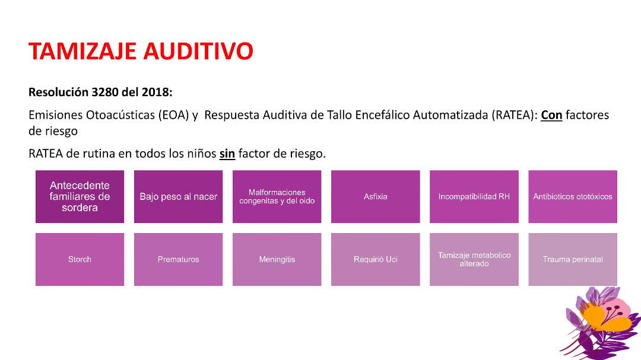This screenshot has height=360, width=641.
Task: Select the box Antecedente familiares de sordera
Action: (80, 196)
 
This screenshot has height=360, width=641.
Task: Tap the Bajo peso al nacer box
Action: (178, 196)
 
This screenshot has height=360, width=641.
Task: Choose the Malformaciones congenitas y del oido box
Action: (277, 196)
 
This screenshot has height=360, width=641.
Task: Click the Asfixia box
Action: (375, 196)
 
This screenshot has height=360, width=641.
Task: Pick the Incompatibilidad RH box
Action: (474, 196)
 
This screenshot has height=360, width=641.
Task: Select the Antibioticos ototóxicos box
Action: (572, 196)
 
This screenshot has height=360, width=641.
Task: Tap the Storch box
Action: (80, 259)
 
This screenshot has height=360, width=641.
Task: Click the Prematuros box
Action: (178, 259)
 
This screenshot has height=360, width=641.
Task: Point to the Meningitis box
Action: (277, 259)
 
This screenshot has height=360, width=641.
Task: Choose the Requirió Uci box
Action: (375, 259)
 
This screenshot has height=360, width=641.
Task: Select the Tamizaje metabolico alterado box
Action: (474, 259)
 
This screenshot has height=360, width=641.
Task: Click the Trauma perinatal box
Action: (572, 259)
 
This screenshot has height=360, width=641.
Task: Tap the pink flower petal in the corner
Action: (617, 308)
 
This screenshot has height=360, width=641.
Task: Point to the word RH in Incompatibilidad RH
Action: (504, 196)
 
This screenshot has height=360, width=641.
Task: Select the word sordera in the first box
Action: (80, 208)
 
